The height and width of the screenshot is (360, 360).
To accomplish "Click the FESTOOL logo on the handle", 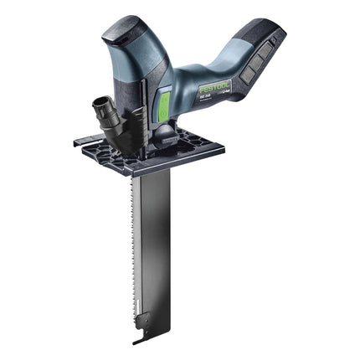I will pos(215,85).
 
